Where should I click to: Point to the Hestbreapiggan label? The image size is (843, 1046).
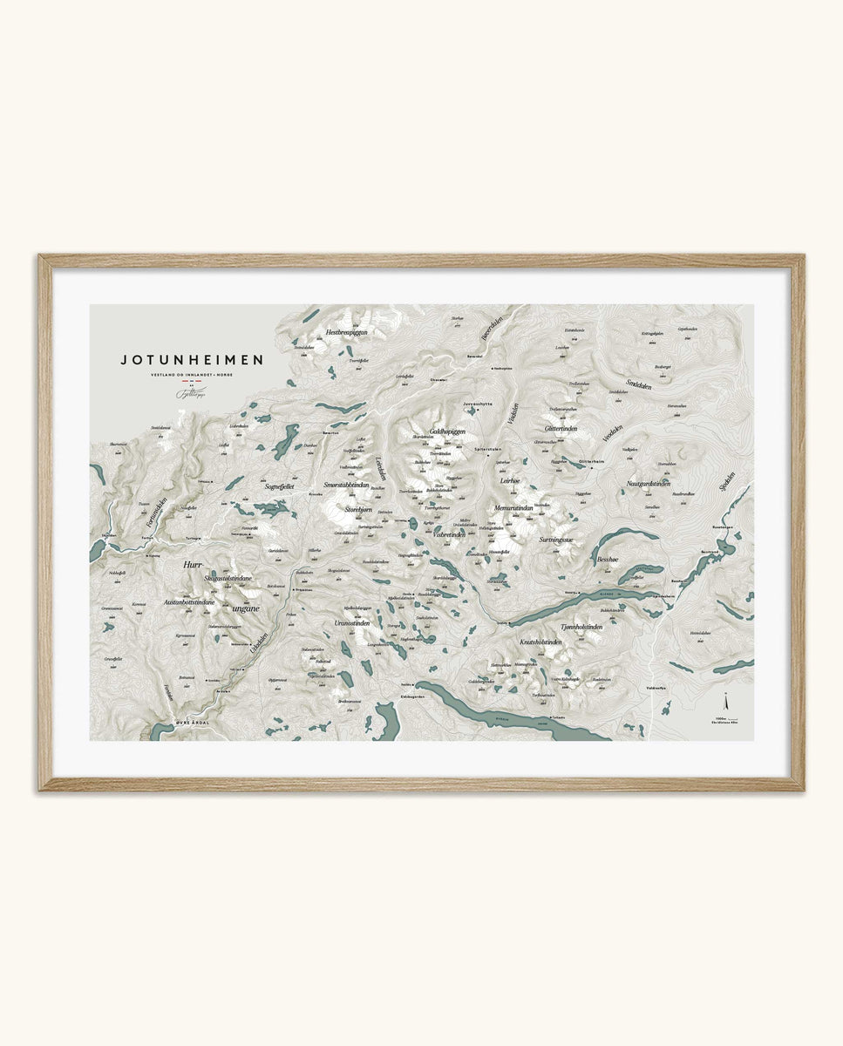(x=346, y=332)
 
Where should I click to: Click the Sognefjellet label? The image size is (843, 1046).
(x=281, y=487)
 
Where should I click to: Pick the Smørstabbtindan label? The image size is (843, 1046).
(x=346, y=486)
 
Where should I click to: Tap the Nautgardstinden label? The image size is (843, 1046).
(x=648, y=483)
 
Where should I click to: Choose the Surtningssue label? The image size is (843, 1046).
(x=555, y=540)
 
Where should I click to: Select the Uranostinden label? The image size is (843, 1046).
(x=351, y=623)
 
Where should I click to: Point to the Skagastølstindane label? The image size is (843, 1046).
(x=228, y=578)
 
